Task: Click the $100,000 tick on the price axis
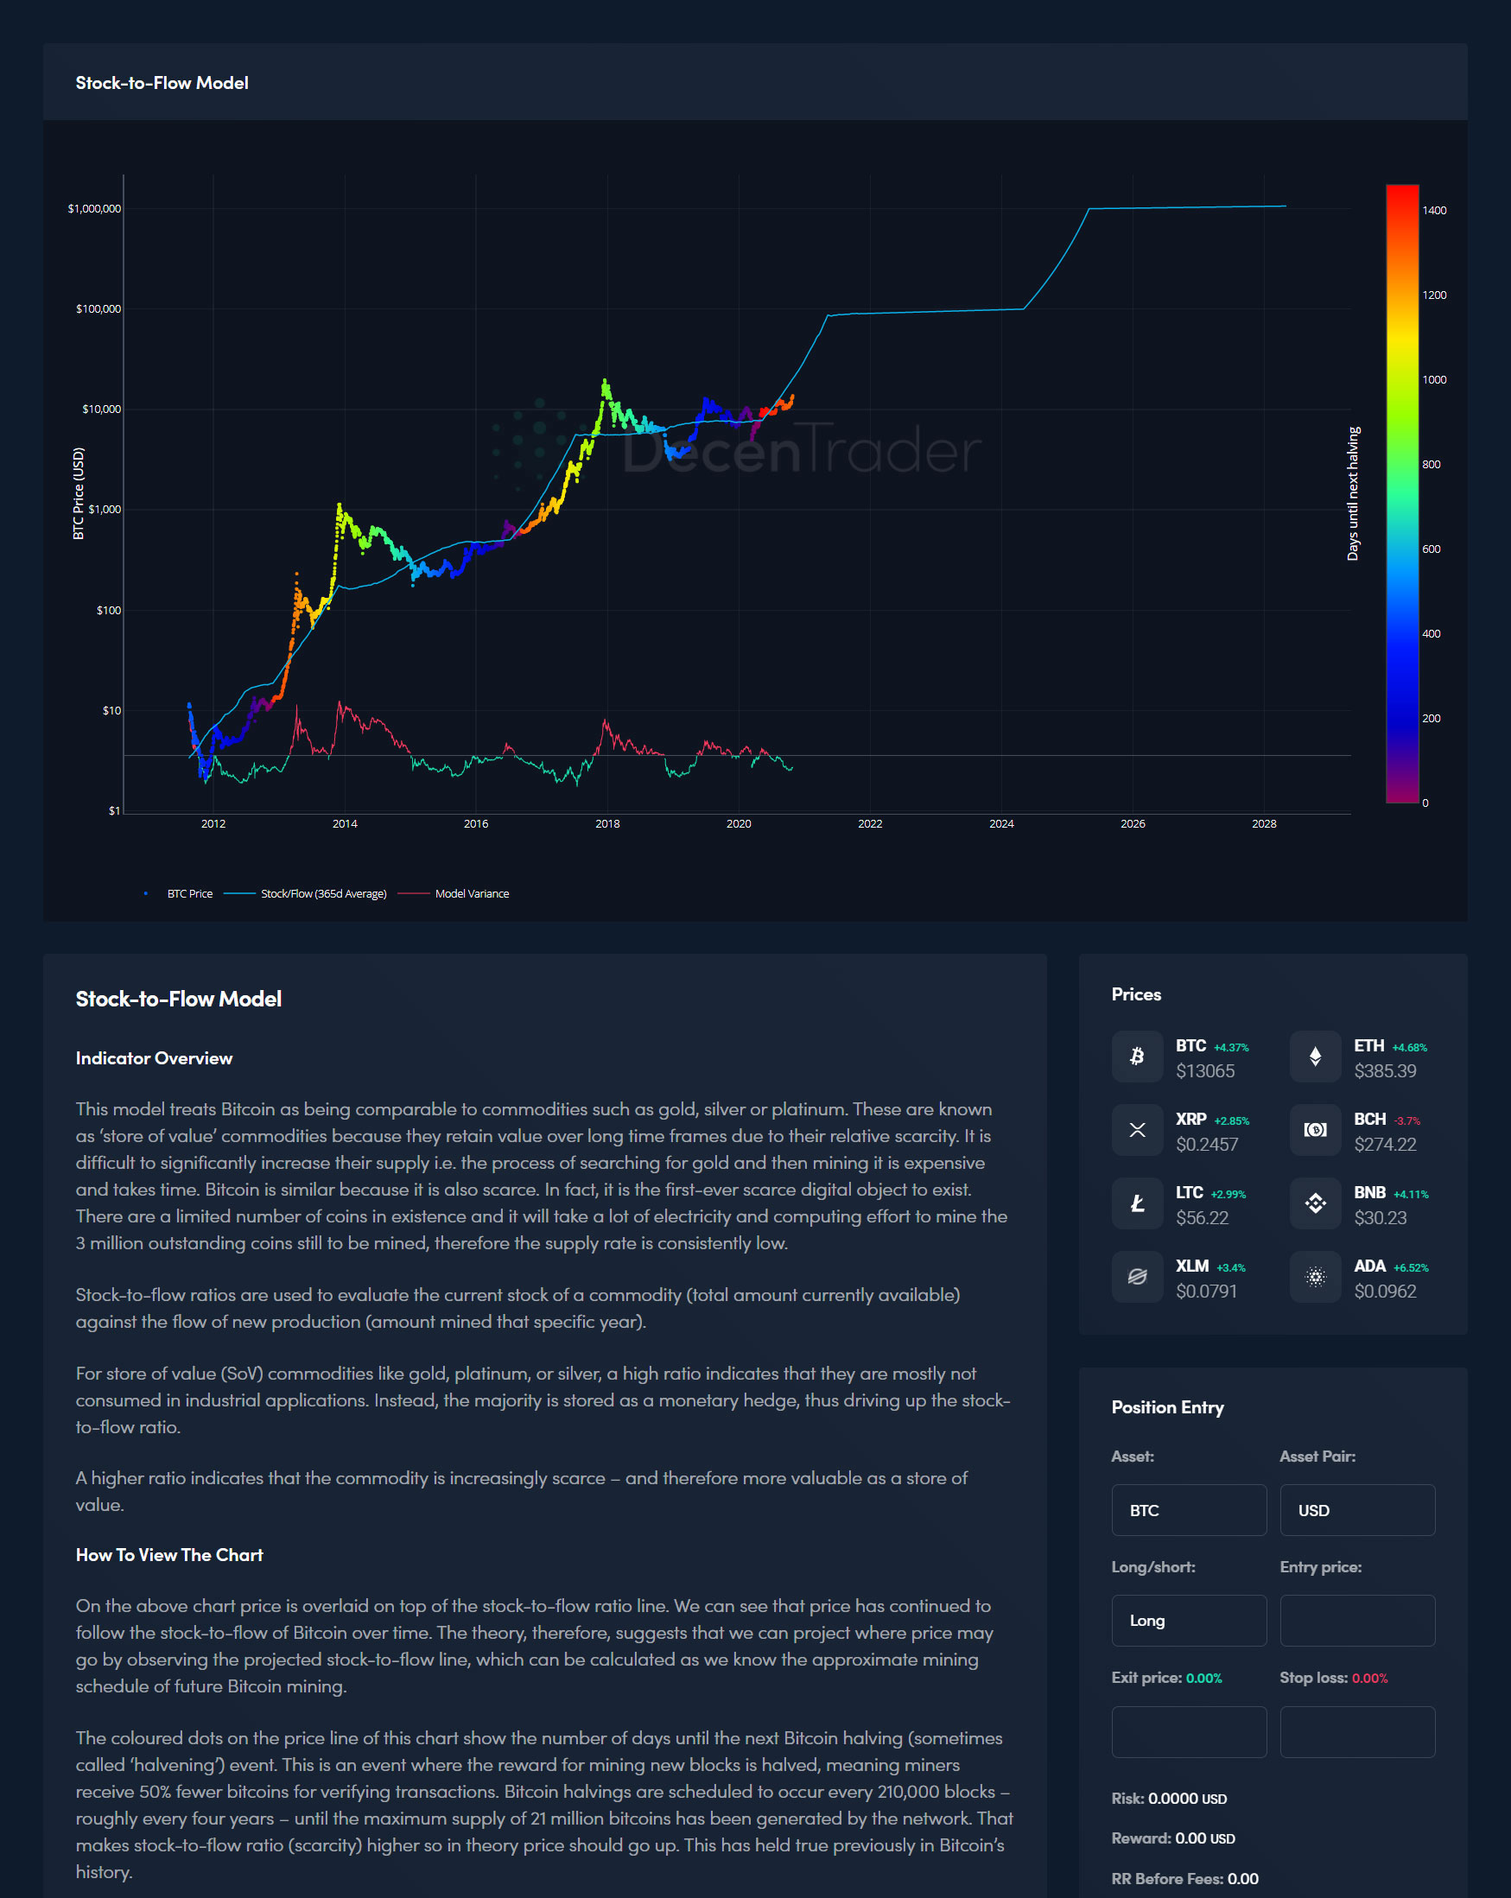point(98,309)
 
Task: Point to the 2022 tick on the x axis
point(870,824)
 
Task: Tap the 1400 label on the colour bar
point(1434,211)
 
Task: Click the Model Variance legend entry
point(471,893)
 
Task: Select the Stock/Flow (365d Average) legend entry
point(323,893)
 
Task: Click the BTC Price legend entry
point(189,893)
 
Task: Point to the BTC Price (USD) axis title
point(79,493)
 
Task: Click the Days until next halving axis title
point(1354,493)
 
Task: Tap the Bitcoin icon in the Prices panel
point(1137,1057)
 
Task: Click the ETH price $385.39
point(1385,1071)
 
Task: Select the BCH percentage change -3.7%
point(1407,1120)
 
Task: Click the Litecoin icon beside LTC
point(1137,1203)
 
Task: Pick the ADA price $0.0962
point(1385,1292)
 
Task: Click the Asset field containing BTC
point(1189,1510)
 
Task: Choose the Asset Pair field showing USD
point(1357,1510)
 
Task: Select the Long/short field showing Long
point(1189,1620)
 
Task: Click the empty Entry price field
point(1357,1620)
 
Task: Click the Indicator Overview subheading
point(154,1058)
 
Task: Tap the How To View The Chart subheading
point(169,1555)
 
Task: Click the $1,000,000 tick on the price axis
point(95,209)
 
